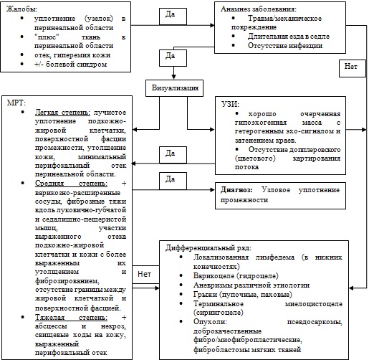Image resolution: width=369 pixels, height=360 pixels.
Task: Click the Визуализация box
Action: click(174, 88)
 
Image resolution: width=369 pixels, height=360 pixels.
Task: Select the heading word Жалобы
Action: click(21, 9)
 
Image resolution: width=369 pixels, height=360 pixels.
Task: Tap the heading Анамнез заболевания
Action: click(259, 9)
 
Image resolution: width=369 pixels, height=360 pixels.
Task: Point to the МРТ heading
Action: click(16, 103)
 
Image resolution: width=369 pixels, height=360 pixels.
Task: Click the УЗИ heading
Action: click(231, 105)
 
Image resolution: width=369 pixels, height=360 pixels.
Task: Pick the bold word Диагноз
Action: click(236, 190)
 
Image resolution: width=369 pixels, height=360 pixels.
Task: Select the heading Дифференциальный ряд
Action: click(209, 248)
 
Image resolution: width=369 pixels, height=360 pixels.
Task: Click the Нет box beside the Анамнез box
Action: click(353, 68)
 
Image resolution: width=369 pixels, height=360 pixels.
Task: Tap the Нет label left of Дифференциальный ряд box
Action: click(144, 274)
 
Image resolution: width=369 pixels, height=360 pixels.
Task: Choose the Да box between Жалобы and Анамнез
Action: click(173, 16)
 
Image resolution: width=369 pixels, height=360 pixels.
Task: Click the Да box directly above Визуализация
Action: click(173, 57)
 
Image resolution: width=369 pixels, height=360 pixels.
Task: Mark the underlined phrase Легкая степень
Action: click(62, 113)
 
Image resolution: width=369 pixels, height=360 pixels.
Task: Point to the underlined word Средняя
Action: click(49, 184)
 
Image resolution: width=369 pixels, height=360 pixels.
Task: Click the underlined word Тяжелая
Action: click(49, 318)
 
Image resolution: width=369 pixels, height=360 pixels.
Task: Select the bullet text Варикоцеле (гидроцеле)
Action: click(236, 276)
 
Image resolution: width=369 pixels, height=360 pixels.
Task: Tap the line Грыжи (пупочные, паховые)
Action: click(243, 295)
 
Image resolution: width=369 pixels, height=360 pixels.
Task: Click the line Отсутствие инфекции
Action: click(285, 45)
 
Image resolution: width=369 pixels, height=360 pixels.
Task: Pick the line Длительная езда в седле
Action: click(289, 37)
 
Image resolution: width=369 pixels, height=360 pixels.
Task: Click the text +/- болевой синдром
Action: click(70, 65)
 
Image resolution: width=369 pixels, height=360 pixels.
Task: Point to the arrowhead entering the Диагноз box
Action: click(212, 190)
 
